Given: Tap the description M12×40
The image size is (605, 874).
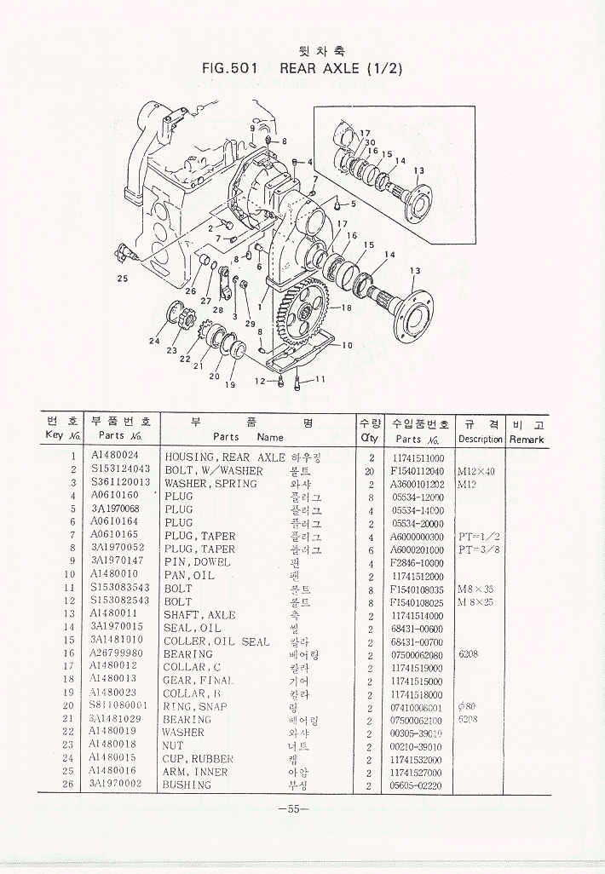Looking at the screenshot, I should (475, 470).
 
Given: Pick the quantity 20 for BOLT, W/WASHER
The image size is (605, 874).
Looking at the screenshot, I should (370, 470).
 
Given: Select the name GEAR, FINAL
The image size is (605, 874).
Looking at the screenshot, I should (199, 681).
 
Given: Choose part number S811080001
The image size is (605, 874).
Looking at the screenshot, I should (118, 706).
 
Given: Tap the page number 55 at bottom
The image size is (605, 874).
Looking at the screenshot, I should (293, 809).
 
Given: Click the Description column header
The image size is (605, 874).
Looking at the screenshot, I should (480, 439).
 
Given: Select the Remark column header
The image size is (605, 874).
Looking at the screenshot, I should (527, 439).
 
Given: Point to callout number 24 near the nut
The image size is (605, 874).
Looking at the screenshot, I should (154, 342).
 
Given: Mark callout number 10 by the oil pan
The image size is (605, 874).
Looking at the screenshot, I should (346, 346).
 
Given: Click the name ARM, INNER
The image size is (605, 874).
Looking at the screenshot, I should (196, 772).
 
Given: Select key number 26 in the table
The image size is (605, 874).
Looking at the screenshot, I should (73, 785).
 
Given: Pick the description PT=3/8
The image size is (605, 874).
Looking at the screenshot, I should (477, 549).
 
